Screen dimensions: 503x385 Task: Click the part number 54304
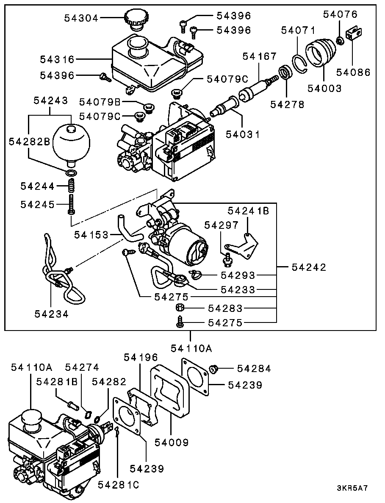pyautogui.click(x=81, y=18)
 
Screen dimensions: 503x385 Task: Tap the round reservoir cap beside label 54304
pyautogui.click(x=136, y=20)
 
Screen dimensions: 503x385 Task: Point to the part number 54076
pyautogui.click(x=340, y=14)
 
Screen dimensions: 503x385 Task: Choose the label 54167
pyautogui.click(x=259, y=56)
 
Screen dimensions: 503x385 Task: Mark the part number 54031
pyautogui.click(x=242, y=134)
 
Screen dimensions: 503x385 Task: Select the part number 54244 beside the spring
pyautogui.click(x=38, y=186)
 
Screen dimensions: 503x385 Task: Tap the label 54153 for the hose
pyautogui.click(x=91, y=234)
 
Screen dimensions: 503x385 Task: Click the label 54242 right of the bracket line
pyautogui.click(x=309, y=267)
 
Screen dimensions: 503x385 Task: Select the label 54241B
pyautogui.click(x=248, y=210)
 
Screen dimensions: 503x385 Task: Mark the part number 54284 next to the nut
pyautogui.click(x=254, y=369)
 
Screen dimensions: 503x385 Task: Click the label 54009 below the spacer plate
pyautogui.click(x=172, y=442)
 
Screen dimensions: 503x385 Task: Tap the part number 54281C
pyautogui.click(x=119, y=484)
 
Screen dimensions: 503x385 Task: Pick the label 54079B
pyautogui.click(x=100, y=102)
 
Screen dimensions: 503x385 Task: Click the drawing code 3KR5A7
pyautogui.click(x=352, y=488)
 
